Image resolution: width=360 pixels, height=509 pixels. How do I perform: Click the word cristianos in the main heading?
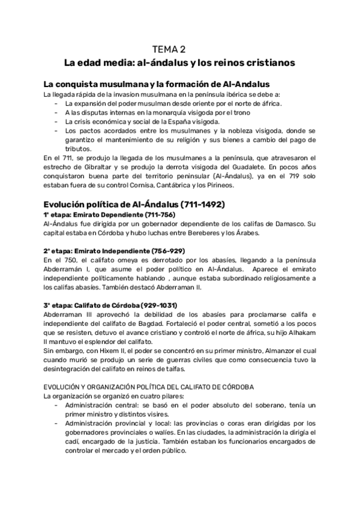(x=274, y=62)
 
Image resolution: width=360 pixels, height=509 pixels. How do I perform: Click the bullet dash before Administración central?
(x=55, y=406)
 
